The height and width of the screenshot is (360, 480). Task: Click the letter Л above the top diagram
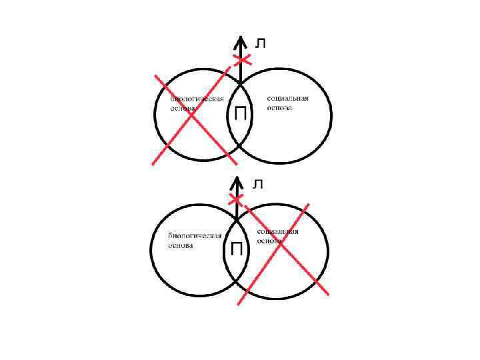261,43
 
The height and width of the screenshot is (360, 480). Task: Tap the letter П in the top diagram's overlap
240,115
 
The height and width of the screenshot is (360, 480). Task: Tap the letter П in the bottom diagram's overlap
237,250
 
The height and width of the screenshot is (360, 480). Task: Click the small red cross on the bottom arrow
237,199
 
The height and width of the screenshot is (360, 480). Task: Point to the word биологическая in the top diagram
195,98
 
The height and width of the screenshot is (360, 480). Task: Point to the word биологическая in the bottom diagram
193,236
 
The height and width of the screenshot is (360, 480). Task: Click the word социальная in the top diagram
287,98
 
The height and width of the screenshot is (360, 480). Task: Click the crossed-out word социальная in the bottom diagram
278,232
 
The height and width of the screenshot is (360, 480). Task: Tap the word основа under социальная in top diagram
279,107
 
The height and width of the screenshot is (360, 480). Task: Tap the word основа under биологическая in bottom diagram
181,245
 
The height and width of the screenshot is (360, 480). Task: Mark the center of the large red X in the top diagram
192,116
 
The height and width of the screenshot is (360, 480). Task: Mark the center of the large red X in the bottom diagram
281,247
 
